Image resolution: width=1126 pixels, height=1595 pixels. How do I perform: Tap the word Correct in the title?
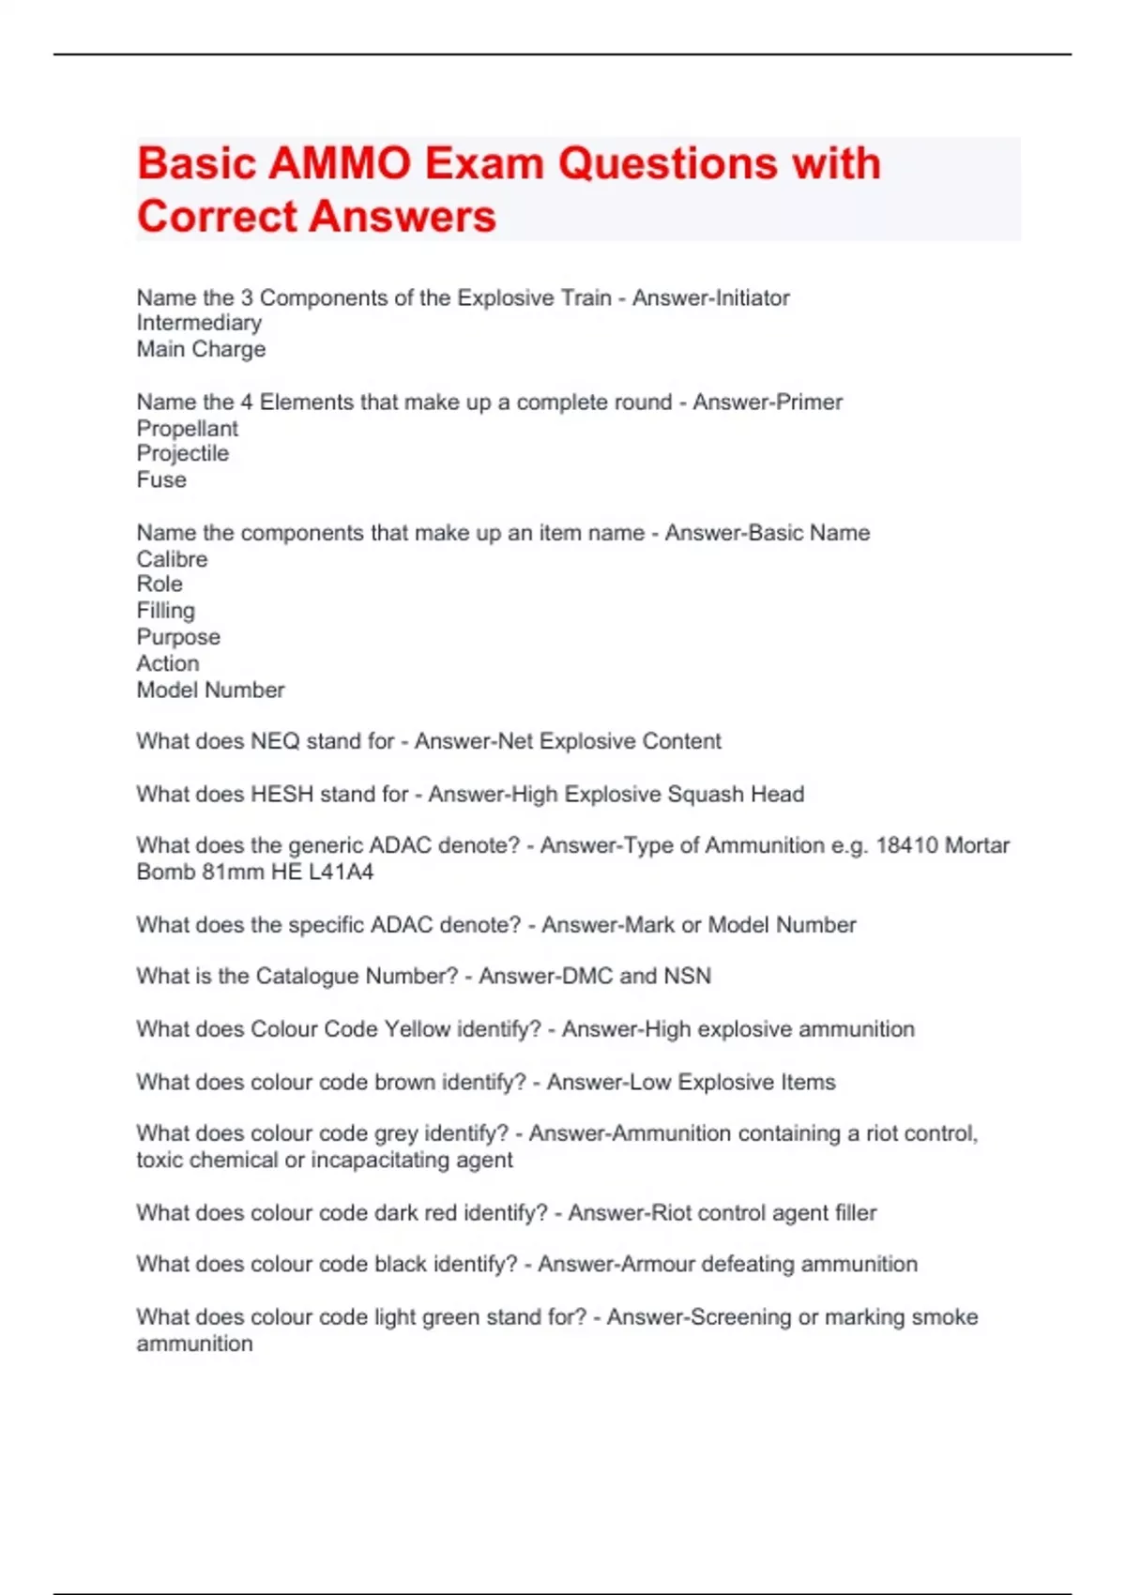pyautogui.click(x=216, y=217)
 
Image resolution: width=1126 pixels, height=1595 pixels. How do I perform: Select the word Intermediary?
pyautogui.click(x=199, y=323)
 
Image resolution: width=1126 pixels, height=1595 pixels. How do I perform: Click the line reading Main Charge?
pyautogui.click(x=201, y=349)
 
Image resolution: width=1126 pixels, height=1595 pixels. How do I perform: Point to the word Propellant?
pyautogui.click(x=187, y=429)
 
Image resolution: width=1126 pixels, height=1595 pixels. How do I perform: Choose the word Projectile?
pyautogui.click(x=182, y=454)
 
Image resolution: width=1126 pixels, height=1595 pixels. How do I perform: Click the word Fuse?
pyautogui.click(x=161, y=480)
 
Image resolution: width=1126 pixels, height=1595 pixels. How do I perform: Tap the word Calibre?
pyautogui.click(x=172, y=559)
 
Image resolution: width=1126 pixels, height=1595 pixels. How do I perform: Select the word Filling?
pyautogui.click(x=165, y=611)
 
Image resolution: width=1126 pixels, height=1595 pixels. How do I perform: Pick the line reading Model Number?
pyautogui.click(x=210, y=691)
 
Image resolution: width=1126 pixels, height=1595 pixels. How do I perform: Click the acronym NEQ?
pyautogui.click(x=275, y=741)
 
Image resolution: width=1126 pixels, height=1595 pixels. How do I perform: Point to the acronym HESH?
pyautogui.click(x=281, y=795)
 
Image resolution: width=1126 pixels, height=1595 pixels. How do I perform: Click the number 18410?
pyautogui.click(x=906, y=845)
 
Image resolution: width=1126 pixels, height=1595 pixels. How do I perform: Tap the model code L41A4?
pyautogui.click(x=341, y=873)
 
